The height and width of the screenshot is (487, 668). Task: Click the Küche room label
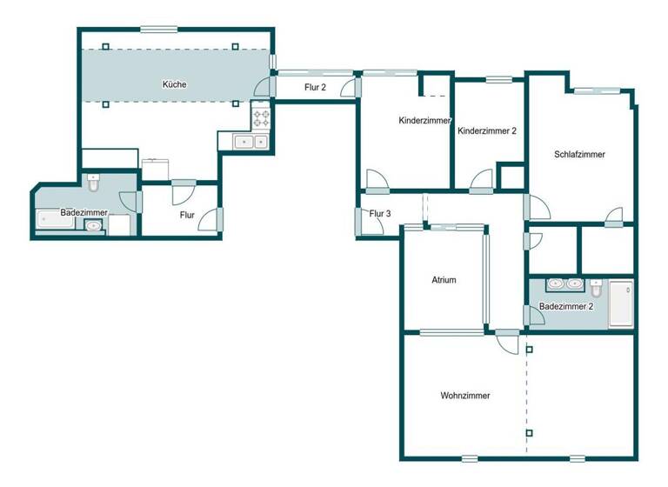[x=174, y=84]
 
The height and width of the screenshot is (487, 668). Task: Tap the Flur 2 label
[x=315, y=87]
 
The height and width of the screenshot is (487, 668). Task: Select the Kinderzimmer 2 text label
[x=487, y=131]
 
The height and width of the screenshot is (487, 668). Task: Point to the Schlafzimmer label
[x=579, y=155]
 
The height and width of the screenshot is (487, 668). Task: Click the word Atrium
[x=444, y=280]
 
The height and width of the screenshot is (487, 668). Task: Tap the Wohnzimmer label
[x=465, y=396]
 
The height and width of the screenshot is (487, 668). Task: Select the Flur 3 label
[x=380, y=214]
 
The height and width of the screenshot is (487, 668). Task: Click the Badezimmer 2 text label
[x=566, y=307]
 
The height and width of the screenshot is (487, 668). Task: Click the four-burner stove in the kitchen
[x=262, y=115]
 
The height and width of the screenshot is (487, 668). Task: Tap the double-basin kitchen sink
[x=252, y=141]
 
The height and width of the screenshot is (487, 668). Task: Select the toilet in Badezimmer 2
[x=597, y=287]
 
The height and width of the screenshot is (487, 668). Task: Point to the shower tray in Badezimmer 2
[x=621, y=304]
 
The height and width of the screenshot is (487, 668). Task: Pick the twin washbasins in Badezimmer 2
[x=564, y=284]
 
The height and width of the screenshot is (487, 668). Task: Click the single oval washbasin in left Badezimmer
[x=93, y=226]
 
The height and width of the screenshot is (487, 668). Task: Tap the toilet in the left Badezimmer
[x=95, y=183]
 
